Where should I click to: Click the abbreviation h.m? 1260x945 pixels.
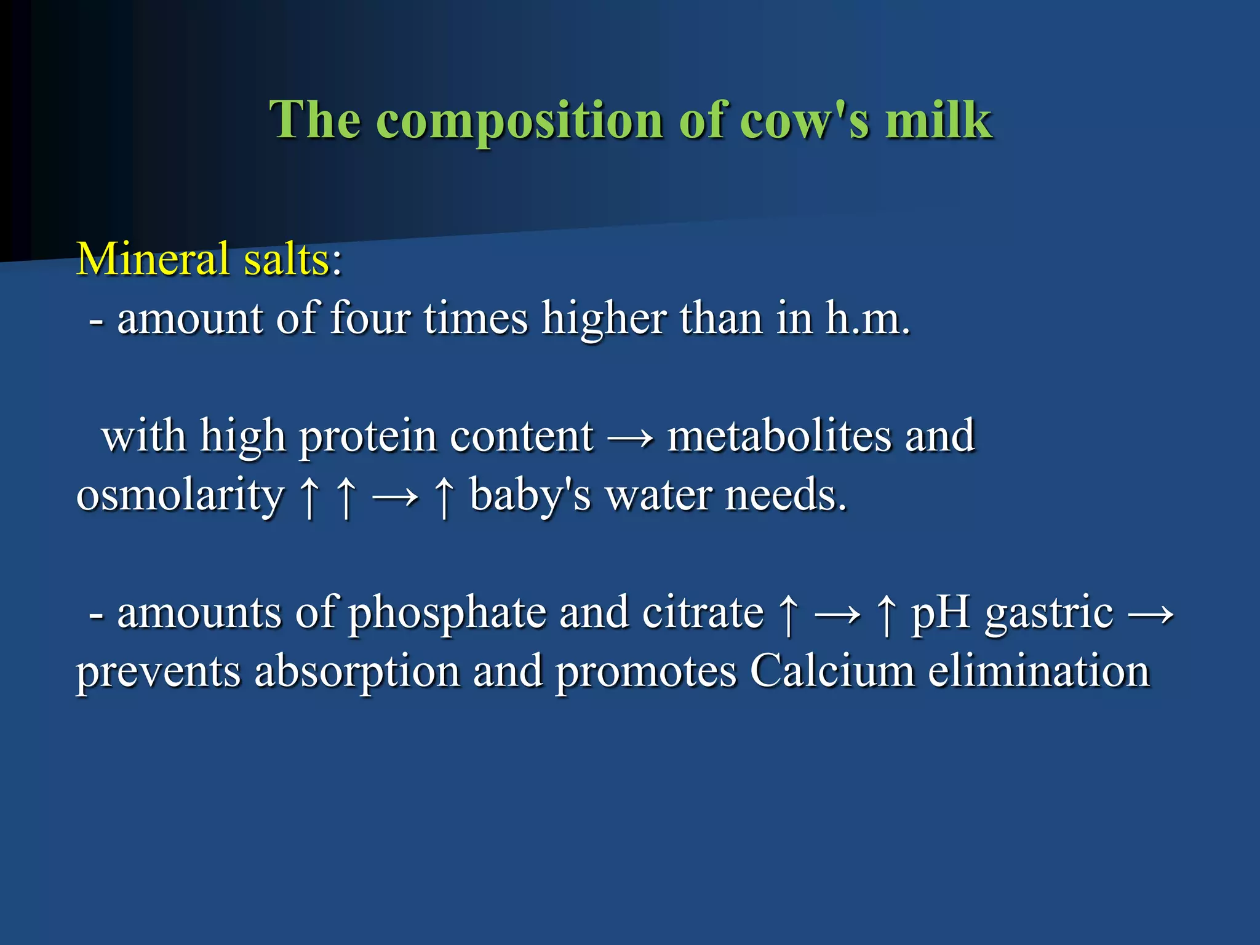[867, 318]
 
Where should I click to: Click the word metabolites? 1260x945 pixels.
[779, 436]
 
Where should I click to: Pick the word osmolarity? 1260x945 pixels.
[180, 496]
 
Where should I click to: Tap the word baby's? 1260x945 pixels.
[530, 496]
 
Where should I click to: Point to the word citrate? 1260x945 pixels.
[703, 613]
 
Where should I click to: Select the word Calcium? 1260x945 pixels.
[832, 671]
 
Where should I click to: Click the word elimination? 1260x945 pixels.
[1039, 671]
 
